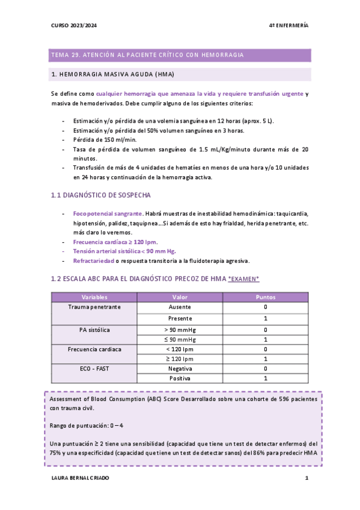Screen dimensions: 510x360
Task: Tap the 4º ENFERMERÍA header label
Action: click(x=288, y=25)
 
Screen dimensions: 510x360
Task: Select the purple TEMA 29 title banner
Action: click(x=180, y=55)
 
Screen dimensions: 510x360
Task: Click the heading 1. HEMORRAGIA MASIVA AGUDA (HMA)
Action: click(x=113, y=75)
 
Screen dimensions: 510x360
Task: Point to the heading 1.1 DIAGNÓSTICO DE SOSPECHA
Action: click(x=101, y=195)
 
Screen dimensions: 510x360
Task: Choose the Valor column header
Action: click(x=180, y=297)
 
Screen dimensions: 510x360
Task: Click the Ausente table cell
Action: click(x=180, y=307)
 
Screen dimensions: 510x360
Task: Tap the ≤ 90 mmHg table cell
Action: click(x=180, y=339)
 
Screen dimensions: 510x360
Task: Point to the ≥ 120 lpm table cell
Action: click(x=180, y=359)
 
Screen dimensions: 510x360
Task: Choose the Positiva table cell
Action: click(x=180, y=378)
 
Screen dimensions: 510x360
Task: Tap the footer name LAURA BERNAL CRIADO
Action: click(x=82, y=479)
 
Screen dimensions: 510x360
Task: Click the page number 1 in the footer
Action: click(x=307, y=479)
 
